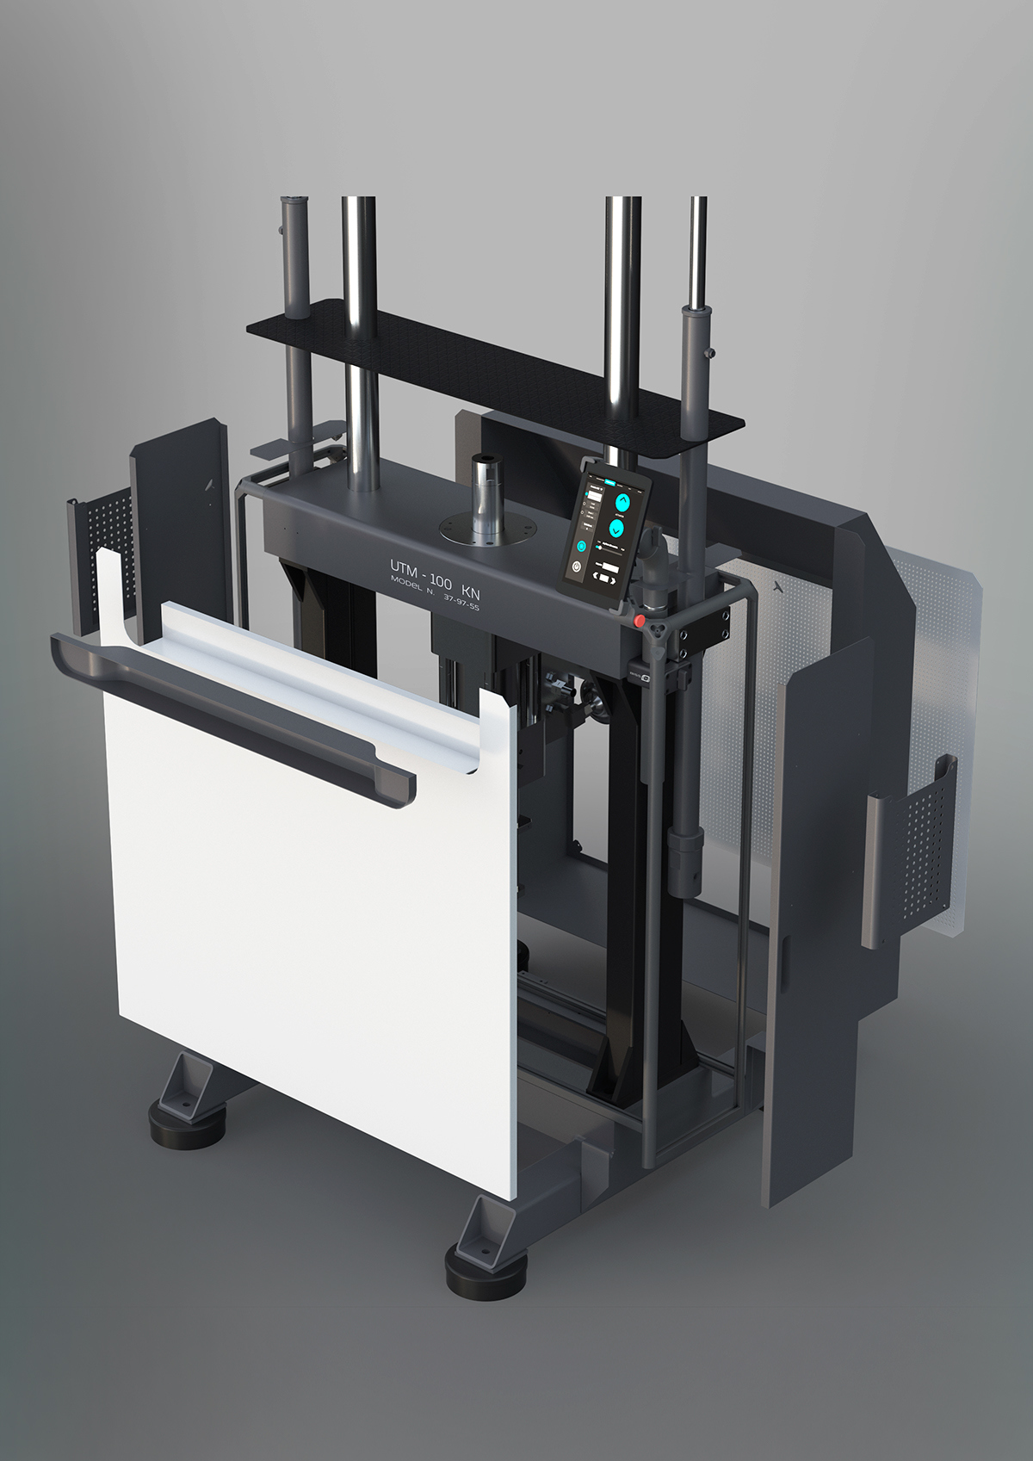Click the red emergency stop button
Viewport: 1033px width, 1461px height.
click(x=639, y=622)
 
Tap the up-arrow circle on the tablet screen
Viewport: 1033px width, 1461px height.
click(x=622, y=503)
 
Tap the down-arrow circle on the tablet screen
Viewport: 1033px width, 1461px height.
click(x=616, y=528)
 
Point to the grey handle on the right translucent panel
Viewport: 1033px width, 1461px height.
click(x=875, y=870)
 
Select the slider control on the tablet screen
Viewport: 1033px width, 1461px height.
click(x=599, y=548)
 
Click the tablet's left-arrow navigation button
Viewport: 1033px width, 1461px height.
click(x=595, y=575)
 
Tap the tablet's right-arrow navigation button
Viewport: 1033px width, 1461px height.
click(x=613, y=582)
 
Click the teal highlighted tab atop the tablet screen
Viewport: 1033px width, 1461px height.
click(x=610, y=483)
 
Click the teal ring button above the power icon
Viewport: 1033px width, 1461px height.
click(x=581, y=546)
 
